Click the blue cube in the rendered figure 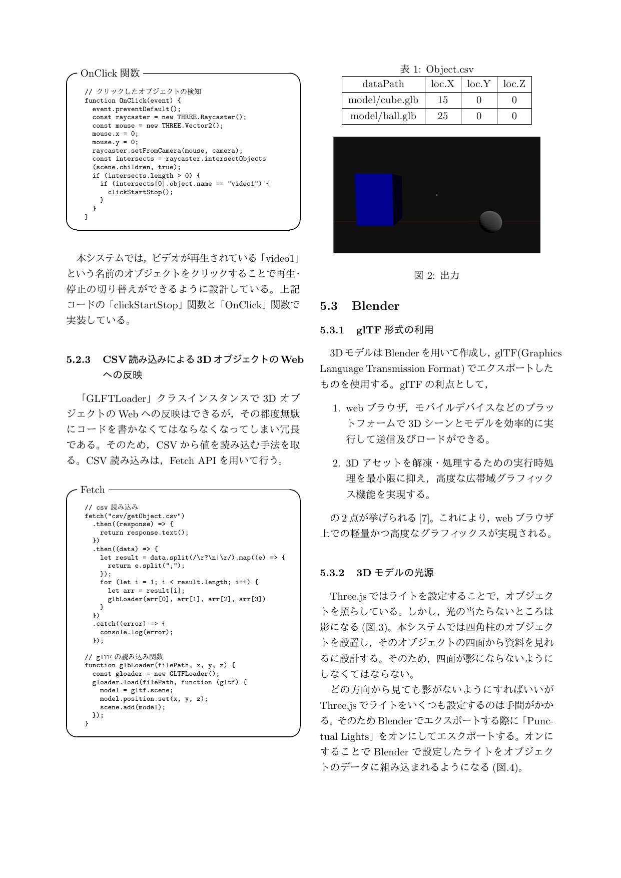(375, 200)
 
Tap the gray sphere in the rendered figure (490, 221)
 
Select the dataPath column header (383, 84)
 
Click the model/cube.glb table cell (383, 100)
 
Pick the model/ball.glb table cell (383, 116)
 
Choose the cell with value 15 (442, 100)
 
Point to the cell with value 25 (442, 116)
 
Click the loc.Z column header (514, 84)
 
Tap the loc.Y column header (478, 84)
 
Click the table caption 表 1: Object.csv (436, 70)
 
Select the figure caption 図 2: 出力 (436, 275)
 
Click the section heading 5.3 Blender (360, 306)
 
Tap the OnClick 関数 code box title (110, 73)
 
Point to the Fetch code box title (93, 490)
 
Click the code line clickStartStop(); (140, 192)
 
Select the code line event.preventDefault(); (136, 109)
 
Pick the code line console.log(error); (136, 632)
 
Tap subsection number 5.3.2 (332, 573)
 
